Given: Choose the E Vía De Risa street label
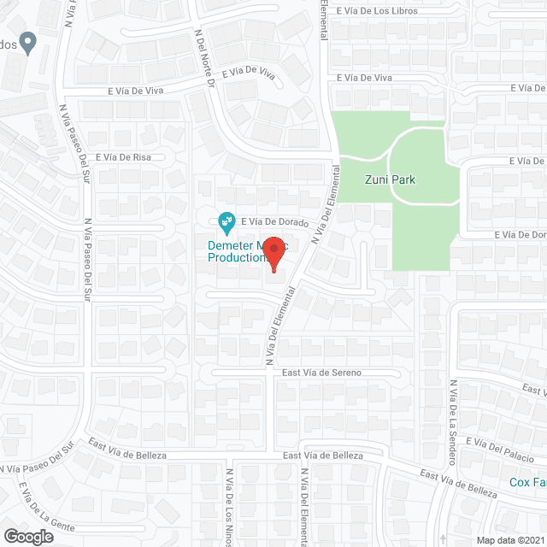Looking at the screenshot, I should click(x=123, y=157).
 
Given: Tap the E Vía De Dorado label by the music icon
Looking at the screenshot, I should click(x=273, y=221).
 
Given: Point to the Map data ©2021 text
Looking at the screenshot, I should click(x=510, y=540).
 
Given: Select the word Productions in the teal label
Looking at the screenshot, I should click(x=238, y=257).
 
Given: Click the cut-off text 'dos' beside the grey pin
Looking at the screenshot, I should click(x=8, y=46).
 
